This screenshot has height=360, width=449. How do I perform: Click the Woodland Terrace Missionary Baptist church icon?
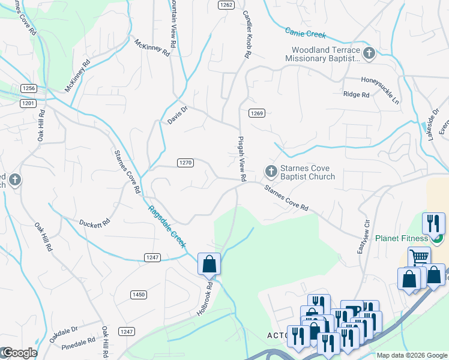point(369,54)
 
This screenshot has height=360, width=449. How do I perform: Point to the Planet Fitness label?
point(402,238)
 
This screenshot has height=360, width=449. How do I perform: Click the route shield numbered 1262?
point(226,4)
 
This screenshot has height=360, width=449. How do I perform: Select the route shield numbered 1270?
point(185,163)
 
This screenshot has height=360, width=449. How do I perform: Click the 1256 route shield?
point(29,88)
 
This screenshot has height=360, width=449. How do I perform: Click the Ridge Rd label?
point(356,94)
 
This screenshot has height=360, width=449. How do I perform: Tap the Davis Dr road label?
point(178,112)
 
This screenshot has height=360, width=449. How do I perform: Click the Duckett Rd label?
point(94,223)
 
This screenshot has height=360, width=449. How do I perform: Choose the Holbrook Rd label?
point(206,291)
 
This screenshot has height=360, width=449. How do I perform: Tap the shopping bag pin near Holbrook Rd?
point(209,263)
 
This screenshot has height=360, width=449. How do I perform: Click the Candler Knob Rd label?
point(246,34)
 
